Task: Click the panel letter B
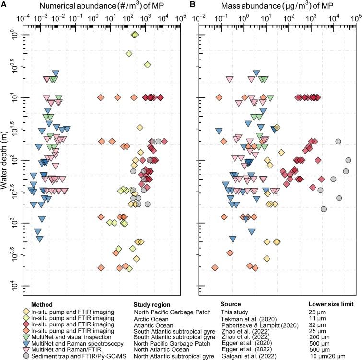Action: pyautogui.click(x=186, y=6)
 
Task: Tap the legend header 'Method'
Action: pyautogui.click(x=42, y=304)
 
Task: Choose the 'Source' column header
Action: pyautogui.click(x=231, y=304)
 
